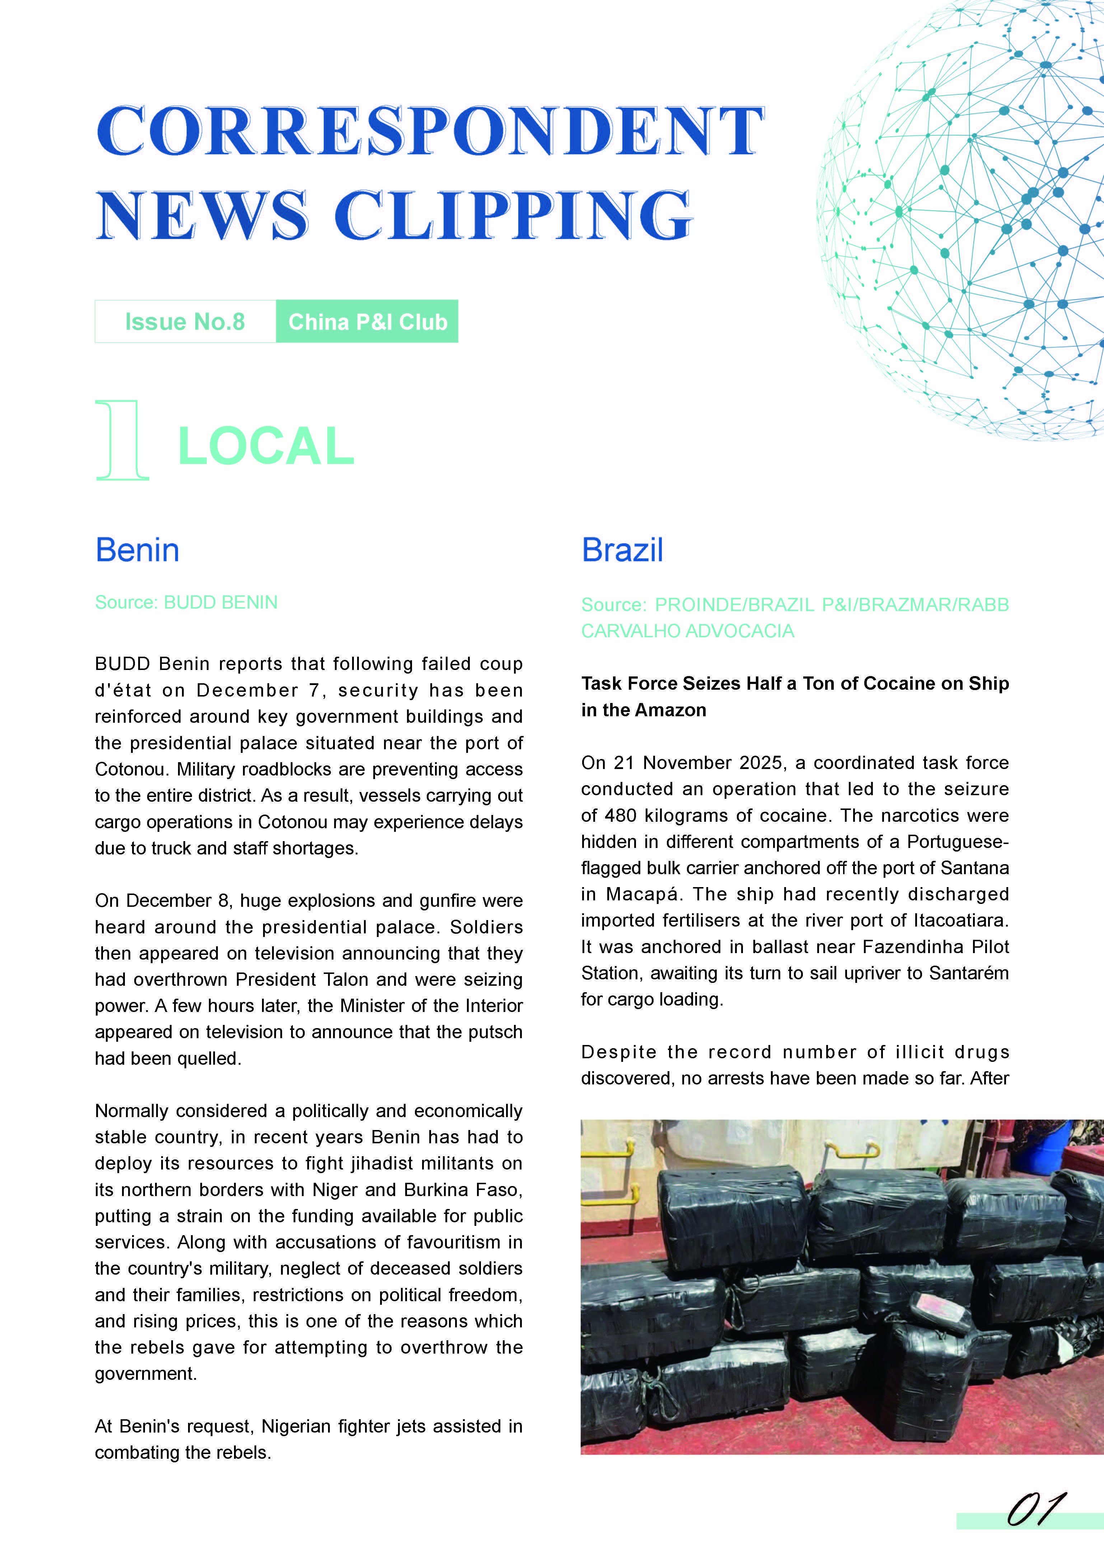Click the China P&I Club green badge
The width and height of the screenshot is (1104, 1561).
pos(367,322)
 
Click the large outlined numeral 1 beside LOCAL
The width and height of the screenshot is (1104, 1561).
pos(122,441)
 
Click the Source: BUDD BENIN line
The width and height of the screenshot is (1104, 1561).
pos(186,603)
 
